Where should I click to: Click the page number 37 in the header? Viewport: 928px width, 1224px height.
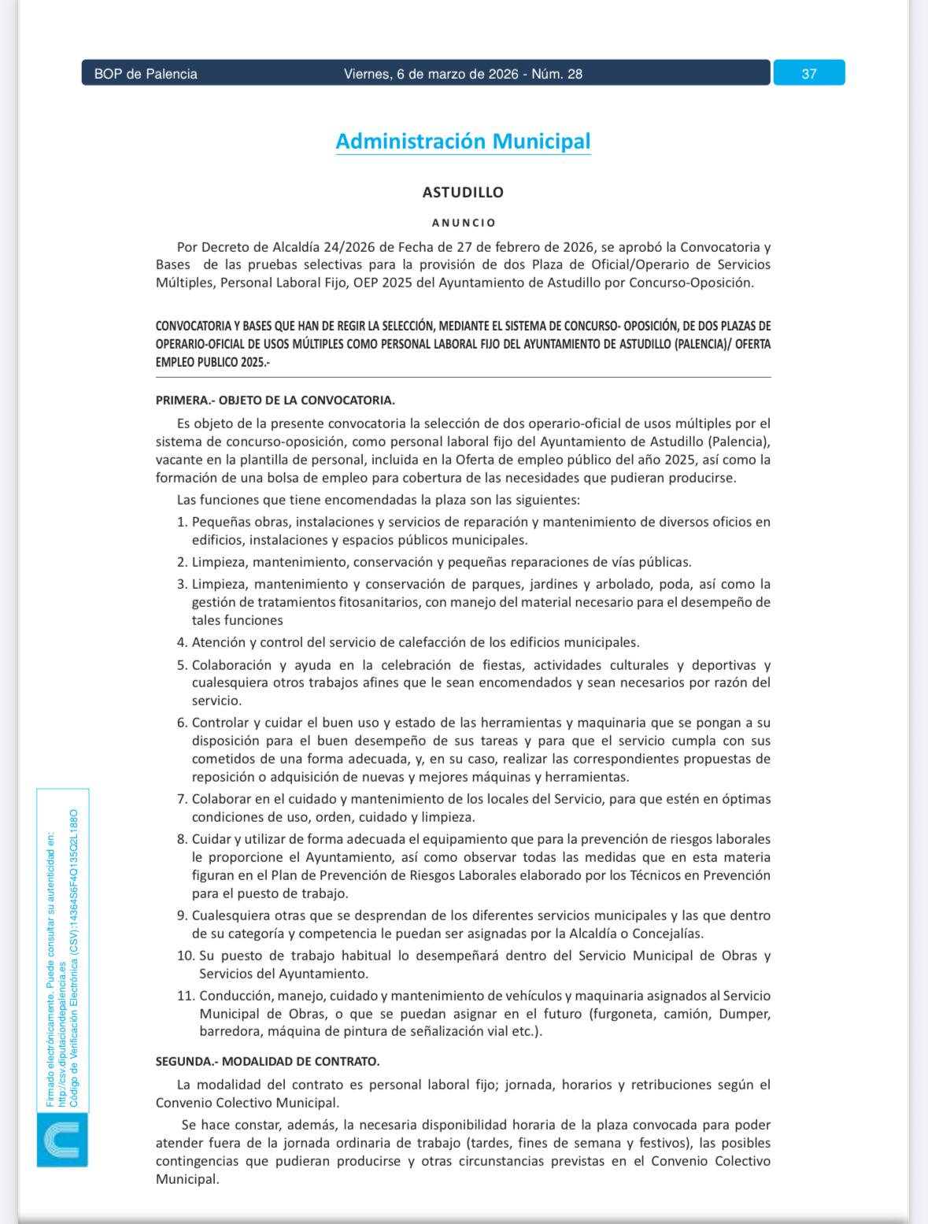pyautogui.click(x=808, y=74)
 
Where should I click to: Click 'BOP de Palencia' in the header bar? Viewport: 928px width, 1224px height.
pyautogui.click(x=146, y=74)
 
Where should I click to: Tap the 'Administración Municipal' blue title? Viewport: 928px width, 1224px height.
pyautogui.click(x=463, y=142)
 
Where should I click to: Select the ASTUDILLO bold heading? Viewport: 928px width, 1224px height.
pyautogui.click(x=463, y=192)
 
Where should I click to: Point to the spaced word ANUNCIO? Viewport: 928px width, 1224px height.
pyautogui.click(x=464, y=223)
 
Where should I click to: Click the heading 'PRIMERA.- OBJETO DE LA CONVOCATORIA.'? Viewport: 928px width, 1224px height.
pyautogui.click(x=275, y=401)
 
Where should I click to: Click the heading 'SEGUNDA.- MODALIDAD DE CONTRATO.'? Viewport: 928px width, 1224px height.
pyautogui.click(x=268, y=1061)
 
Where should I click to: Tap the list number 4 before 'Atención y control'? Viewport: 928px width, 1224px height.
pyautogui.click(x=182, y=642)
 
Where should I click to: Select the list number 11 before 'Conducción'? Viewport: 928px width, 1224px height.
pyautogui.click(x=185, y=996)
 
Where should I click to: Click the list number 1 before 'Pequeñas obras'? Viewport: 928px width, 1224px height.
pyautogui.click(x=182, y=522)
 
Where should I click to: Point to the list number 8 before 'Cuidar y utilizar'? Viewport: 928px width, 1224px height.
pyautogui.click(x=182, y=839)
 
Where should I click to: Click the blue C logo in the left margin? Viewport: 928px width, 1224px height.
pyautogui.click(x=62, y=1141)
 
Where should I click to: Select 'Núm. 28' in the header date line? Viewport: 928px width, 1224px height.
pyautogui.click(x=557, y=74)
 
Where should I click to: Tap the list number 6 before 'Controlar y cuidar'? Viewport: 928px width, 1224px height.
pyautogui.click(x=182, y=723)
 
